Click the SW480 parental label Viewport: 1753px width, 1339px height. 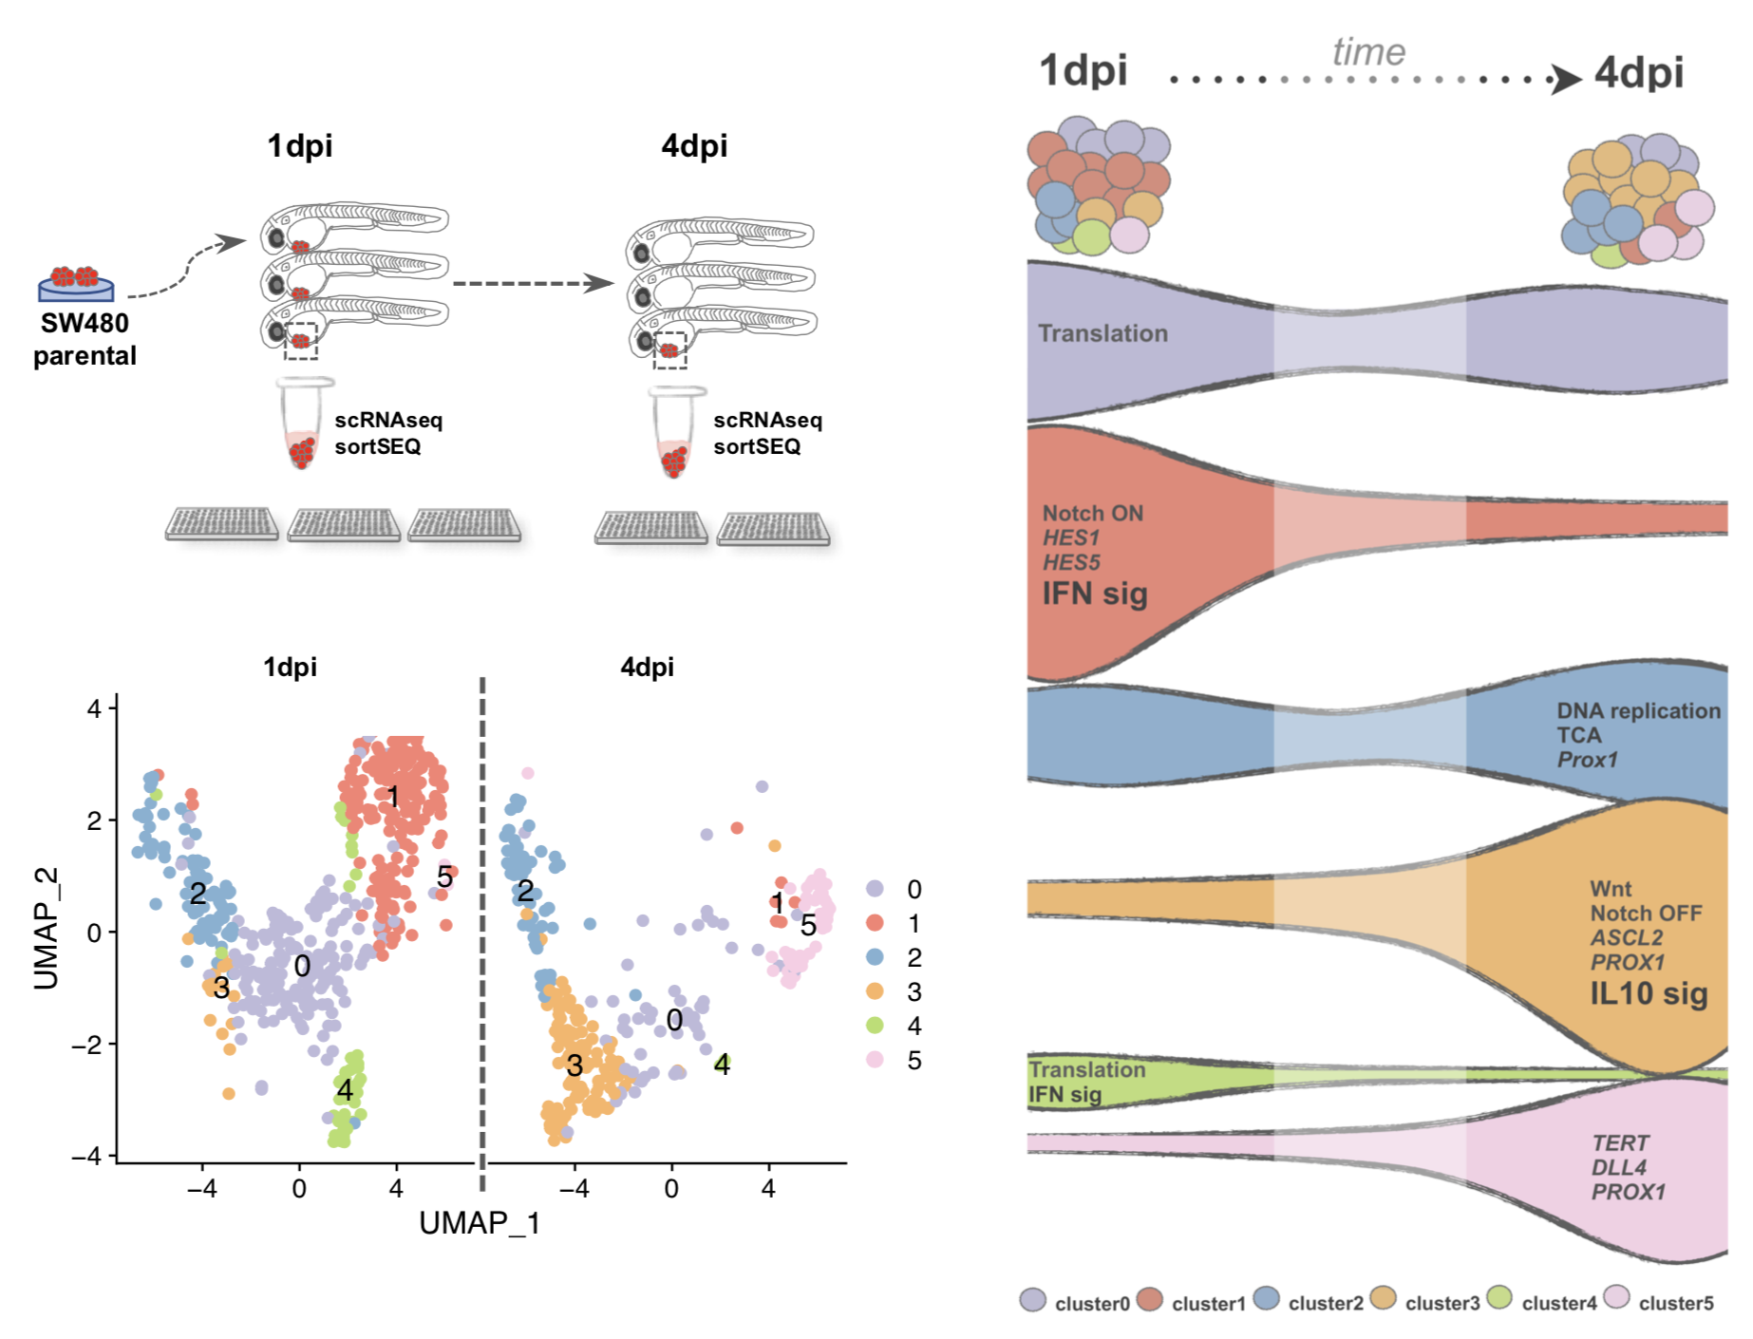(85, 339)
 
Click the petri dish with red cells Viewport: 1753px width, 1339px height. (76, 283)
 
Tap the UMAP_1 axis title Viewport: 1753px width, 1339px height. (480, 1223)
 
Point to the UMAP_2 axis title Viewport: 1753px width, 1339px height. (47, 928)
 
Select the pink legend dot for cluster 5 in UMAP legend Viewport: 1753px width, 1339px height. (875, 1060)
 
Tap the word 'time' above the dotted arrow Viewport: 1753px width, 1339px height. (1367, 52)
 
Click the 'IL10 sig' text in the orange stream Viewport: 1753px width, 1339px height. (1649, 993)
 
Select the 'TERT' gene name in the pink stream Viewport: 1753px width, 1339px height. (1620, 1142)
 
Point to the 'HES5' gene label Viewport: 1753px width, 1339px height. (1071, 562)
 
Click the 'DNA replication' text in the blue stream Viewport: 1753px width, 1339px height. (1638, 710)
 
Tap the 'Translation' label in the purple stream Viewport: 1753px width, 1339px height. (1103, 333)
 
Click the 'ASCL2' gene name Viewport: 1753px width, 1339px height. (1627, 937)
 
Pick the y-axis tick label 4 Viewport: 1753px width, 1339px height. (94, 708)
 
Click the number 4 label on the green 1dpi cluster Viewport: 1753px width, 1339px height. (345, 1090)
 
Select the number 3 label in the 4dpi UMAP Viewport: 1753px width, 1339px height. (574, 1066)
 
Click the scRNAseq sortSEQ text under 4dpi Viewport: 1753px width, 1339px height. (767, 433)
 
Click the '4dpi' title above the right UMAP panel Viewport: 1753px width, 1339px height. (647, 667)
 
